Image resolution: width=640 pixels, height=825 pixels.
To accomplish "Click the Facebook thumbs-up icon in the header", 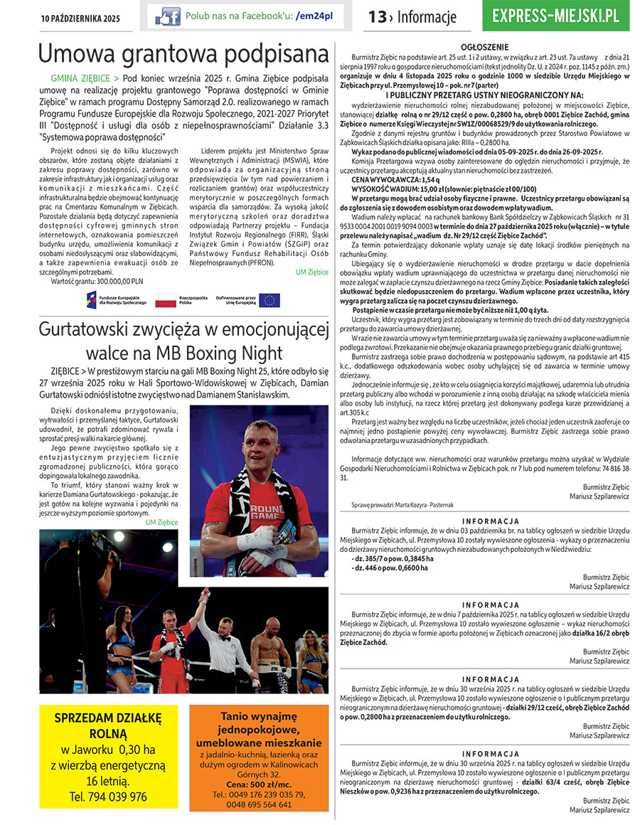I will tap(168, 16).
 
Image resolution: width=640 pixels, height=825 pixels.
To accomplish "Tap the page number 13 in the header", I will tap(377, 17).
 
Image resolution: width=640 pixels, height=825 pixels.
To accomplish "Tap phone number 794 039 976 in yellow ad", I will tap(108, 797).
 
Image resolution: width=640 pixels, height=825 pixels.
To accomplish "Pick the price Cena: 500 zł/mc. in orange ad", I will tap(259, 784).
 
